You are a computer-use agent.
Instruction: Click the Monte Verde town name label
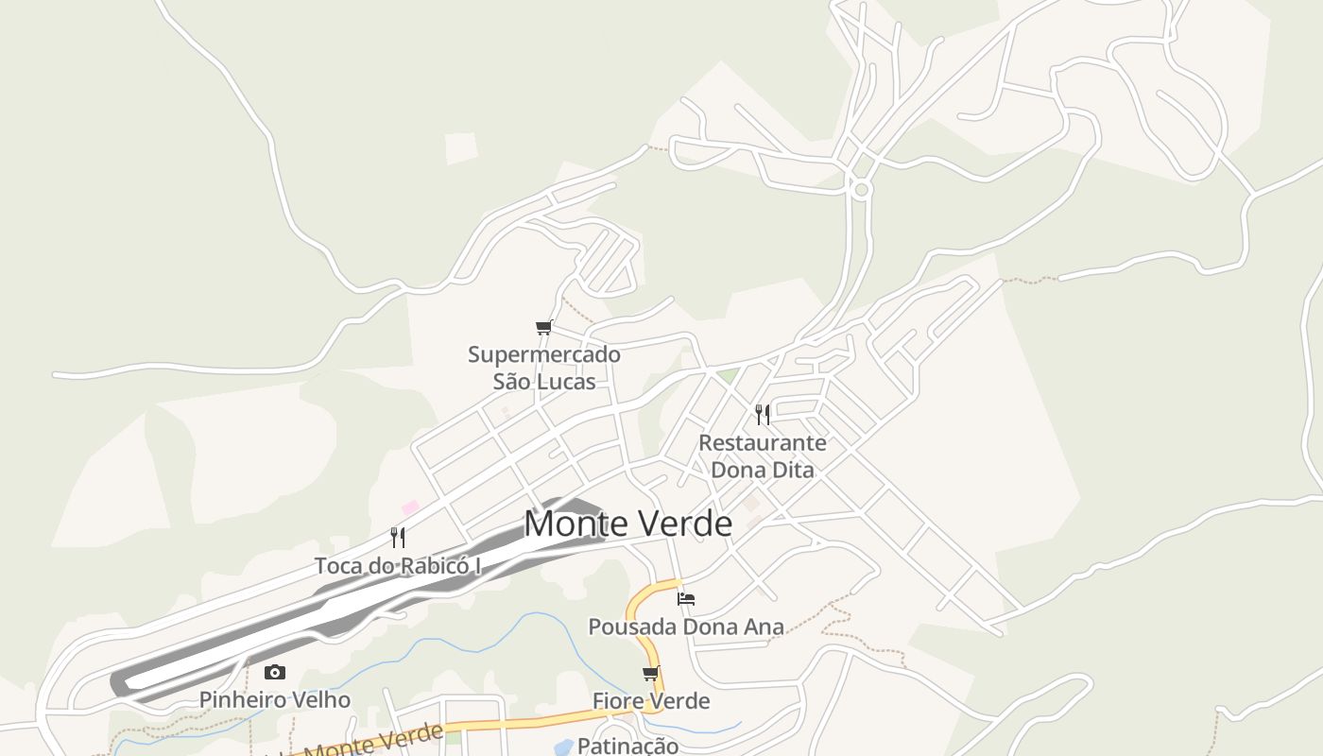627,524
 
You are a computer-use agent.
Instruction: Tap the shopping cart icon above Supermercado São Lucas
543,328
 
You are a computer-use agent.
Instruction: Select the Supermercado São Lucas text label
544,368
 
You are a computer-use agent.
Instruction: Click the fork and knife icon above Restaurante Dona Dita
763,414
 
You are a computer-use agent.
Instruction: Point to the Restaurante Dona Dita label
762,455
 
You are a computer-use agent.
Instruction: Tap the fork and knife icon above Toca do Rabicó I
398,538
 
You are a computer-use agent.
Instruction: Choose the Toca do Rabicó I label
398,565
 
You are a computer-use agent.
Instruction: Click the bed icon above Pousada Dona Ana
686,598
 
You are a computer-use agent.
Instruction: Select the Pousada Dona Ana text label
686,627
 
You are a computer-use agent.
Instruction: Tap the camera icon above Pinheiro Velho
275,672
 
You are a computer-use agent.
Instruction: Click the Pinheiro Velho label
274,700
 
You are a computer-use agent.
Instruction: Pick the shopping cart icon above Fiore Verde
650,674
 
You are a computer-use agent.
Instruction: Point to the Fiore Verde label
651,701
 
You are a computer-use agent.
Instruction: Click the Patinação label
627,745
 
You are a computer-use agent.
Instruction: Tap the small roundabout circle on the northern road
860,189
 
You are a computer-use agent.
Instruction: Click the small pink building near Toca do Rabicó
410,508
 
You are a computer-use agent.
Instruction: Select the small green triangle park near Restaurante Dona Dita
727,376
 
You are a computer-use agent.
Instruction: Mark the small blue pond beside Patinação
563,747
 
